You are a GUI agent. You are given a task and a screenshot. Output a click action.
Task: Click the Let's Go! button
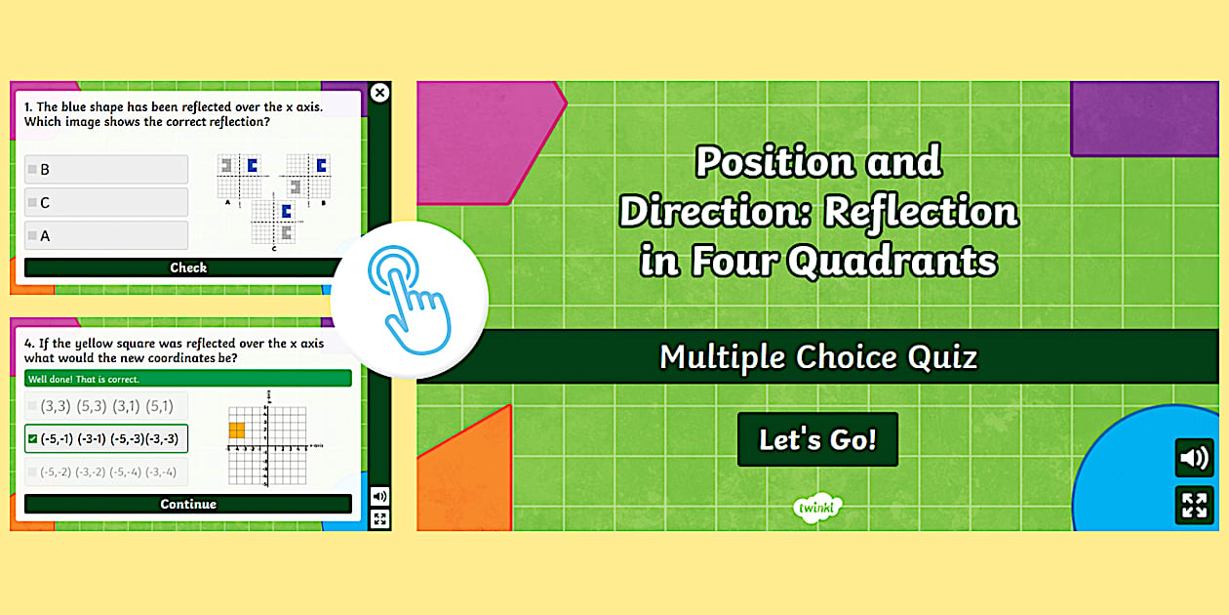point(817,439)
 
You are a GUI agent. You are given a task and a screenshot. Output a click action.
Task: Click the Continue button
point(188,504)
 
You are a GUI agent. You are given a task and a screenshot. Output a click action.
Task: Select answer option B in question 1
point(106,169)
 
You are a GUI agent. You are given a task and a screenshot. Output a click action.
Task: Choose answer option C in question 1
point(106,202)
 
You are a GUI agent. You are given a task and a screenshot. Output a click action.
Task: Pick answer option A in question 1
point(106,235)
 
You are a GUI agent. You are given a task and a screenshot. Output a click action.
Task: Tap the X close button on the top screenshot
point(380,93)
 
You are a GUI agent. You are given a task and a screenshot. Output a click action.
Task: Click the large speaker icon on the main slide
point(1194,458)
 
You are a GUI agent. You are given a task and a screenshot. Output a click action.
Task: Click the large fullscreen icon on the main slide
point(1194,505)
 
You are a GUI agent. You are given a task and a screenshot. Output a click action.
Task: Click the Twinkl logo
point(817,508)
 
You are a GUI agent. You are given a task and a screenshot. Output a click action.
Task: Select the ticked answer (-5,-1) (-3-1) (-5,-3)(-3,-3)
point(106,438)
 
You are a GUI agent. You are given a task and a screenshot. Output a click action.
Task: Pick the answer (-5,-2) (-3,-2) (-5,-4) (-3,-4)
point(106,471)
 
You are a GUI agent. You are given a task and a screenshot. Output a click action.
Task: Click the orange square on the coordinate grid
point(237,430)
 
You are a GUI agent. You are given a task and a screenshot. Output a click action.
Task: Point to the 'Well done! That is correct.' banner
point(188,379)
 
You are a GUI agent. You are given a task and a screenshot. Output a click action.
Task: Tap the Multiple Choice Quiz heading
point(817,357)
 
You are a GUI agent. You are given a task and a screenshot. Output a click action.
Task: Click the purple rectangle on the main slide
point(1144,117)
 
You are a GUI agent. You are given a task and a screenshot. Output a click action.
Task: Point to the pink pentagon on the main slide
point(483,142)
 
